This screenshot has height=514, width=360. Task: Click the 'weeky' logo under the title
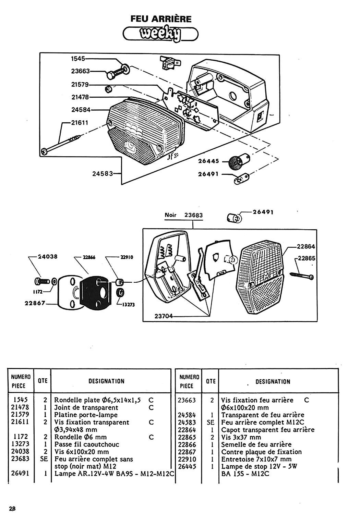click(160, 34)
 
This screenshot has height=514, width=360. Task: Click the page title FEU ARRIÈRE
click(161, 19)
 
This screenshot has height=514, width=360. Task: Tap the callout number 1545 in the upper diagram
click(78, 59)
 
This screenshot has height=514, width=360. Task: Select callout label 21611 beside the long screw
click(80, 123)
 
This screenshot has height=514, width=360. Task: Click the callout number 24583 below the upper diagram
click(103, 173)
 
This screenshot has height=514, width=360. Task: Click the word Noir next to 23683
click(171, 215)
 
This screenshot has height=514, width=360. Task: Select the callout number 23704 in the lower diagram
click(164, 316)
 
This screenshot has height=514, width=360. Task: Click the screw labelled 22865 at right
click(302, 276)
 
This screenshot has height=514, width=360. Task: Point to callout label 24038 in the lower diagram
click(48, 256)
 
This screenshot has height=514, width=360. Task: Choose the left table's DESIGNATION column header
click(107, 381)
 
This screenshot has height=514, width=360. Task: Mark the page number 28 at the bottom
click(12, 509)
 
